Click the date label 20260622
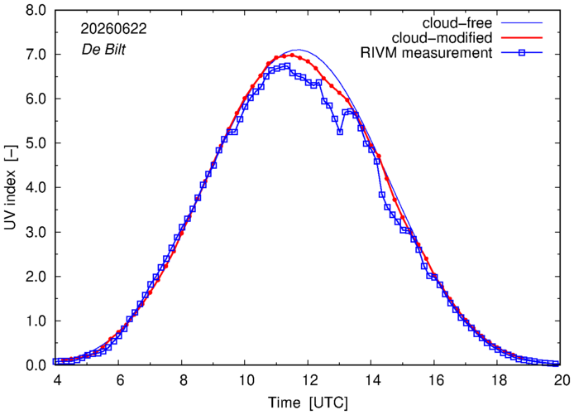point(113,29)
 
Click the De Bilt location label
point(103,49)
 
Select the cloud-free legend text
point(457,23)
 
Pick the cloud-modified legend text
point(442,38)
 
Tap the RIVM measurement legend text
point(427,53)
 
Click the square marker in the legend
point(522,53)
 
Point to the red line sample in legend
point(522,38)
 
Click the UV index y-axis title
point(11,188)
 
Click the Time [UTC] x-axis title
point(308,403)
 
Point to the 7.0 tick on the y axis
point(36,55)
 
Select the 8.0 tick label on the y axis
point(36,10)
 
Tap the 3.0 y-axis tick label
point(36,233)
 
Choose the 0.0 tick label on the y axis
point(36,365)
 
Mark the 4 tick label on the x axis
point(56,380)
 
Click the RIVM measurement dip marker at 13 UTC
point(340,132)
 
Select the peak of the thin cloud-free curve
point(298,50)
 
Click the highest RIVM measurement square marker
point(287,66)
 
